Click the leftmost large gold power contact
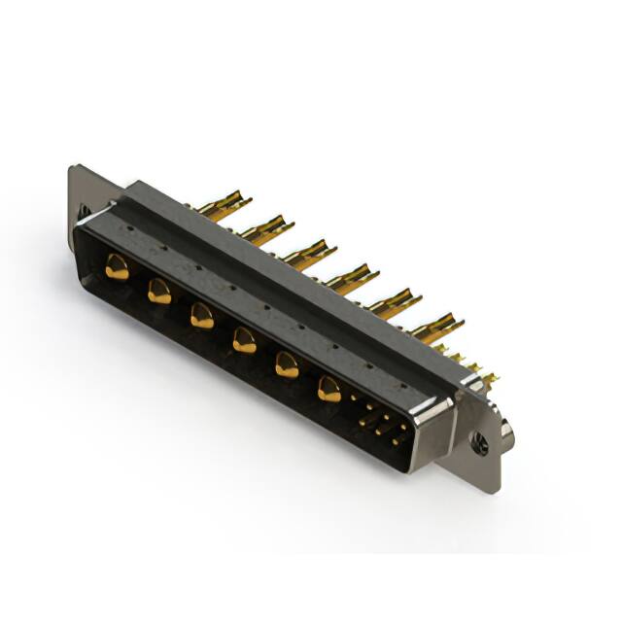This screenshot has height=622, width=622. click(117, 267)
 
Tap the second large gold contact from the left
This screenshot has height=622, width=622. click(159, 291)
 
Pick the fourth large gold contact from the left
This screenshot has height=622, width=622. click(244, 340)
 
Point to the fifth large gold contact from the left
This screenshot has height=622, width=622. click(287, 365)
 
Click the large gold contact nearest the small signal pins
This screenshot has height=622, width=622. click(329, 390)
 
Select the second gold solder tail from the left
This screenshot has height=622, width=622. click(265, 229)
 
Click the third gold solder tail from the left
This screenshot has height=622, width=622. click(309, 254)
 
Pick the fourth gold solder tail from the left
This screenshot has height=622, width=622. click(351, 279)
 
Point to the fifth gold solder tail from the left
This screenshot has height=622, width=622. click(395, 303)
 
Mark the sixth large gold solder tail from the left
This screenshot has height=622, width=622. click(436, 328)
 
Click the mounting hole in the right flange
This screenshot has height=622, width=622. click(479, 448)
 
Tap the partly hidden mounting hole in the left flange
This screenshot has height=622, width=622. click(83, 209)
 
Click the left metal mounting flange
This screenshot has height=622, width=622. click(83, 194)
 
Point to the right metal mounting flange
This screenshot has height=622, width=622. click(481, 437)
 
